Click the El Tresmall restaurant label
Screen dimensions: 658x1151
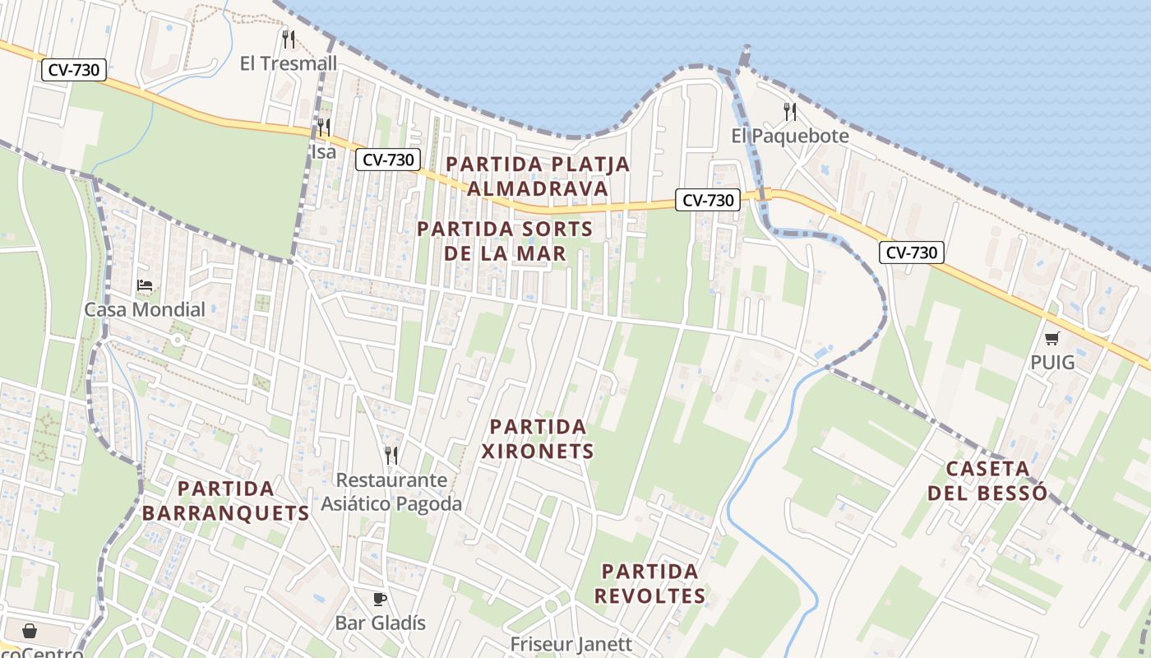point(277,63)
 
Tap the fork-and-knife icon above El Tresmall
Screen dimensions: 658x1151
point(288,39)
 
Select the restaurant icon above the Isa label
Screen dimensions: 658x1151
point(324,127)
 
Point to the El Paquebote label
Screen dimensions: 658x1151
point(790,136)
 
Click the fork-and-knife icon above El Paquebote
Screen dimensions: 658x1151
point(790,111)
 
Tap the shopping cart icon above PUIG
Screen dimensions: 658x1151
point(1052,338)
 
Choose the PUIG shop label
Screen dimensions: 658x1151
point(1052,362)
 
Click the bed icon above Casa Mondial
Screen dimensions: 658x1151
point(145,285)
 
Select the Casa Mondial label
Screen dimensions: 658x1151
point(145,310)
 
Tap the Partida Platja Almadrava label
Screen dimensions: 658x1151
point(538,176)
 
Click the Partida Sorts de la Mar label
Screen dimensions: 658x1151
point(505,240)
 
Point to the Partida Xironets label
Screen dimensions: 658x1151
point(538,438)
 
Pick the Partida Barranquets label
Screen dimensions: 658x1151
point(225,500)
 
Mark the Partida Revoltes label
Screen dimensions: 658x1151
point(649,583)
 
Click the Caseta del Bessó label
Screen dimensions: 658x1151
point(987,480)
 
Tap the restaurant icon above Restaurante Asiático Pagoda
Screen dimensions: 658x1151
point(391,455)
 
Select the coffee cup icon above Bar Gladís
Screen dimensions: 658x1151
point(379,598)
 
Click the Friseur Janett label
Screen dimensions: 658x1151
point(571,644)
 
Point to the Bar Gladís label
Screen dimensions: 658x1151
point(380,623)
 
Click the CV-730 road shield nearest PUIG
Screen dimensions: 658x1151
point(912,253)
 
